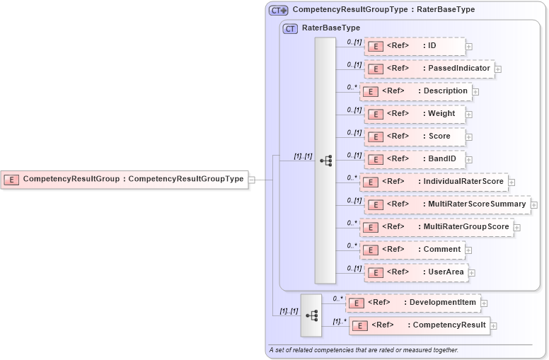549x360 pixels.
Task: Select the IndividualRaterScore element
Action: click(433, 182)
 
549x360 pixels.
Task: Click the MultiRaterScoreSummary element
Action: click(446, 204)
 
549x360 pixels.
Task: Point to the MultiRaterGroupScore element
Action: click(436, 227)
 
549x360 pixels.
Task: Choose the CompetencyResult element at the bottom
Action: click(420, 325)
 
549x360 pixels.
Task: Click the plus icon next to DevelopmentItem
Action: click(484, 303)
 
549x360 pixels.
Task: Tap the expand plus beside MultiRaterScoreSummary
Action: click(534, 205)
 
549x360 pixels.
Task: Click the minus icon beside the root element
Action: click(252, 180)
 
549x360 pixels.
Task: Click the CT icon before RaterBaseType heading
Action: click(290, 29)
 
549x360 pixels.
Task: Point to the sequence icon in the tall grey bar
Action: click(325, 161)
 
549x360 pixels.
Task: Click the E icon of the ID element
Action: click(376, 47)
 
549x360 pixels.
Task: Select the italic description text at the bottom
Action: click(364, 350)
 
